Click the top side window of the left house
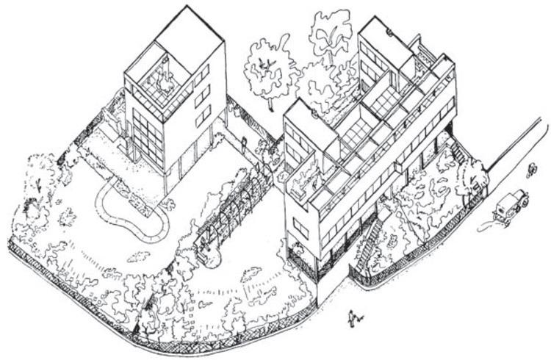click(x=203, y=75)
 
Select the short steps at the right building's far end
click(x=457, y=151)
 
